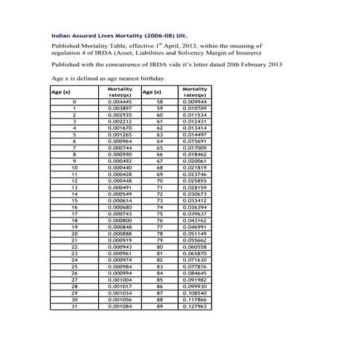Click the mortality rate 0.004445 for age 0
[119, 103]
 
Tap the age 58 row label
[160, 103]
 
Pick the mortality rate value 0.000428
[119, 175]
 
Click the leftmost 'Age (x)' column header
[61, 92]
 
